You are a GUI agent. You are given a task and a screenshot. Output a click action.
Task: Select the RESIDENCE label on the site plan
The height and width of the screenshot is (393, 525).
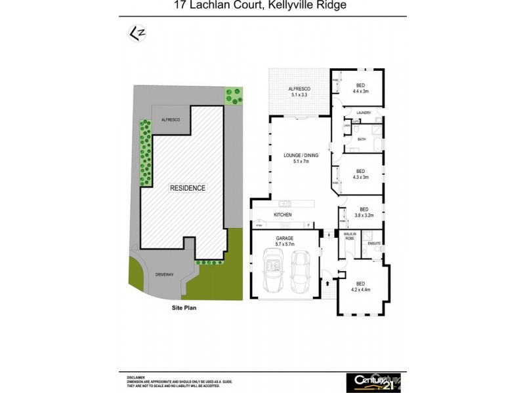pyautogui.click(x=188, y=188)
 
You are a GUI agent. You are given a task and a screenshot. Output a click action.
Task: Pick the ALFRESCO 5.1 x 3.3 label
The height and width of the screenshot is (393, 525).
pyautogui.click(x=299, y=92)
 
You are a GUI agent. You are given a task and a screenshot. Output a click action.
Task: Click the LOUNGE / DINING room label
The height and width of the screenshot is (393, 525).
pyautogui.click(x=301, y=158)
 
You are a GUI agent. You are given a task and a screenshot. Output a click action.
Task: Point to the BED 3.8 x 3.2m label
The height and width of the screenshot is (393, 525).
pyautogui.click(x=363, y=213)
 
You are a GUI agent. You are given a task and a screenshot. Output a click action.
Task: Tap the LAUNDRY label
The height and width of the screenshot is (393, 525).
pyautogui.click(x=364, y=113)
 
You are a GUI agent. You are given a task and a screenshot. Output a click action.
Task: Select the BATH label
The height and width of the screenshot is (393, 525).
pyautogui.click(x=362, y=140)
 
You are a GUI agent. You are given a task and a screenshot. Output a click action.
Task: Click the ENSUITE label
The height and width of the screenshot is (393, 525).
pyautogui.click(x=375, y=243)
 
